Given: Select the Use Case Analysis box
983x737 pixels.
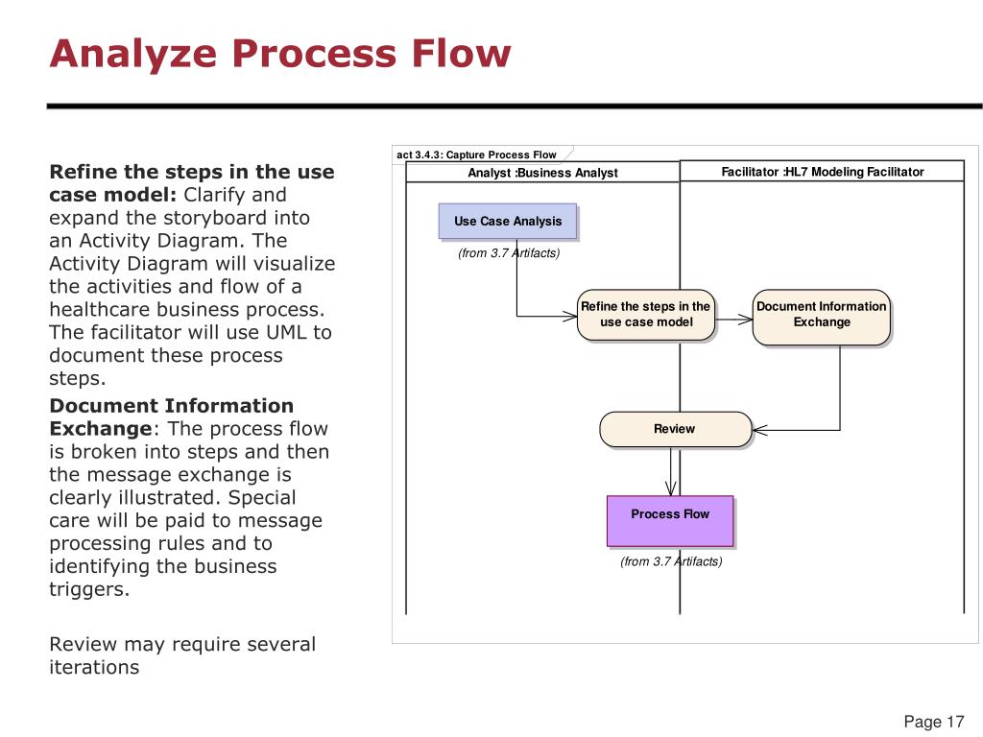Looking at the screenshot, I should [x=508, y=221].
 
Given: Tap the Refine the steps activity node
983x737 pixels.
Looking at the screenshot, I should [x=646, y=315].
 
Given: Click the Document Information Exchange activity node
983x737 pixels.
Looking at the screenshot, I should [x=821, y=315].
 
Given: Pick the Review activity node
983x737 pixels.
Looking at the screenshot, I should [x=674, y=429].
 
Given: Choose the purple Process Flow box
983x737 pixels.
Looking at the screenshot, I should [x=670, y=520].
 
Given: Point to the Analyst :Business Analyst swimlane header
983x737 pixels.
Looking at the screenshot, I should [x=542, y=173].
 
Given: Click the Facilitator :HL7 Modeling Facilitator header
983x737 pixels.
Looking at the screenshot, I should [x=822, y=172].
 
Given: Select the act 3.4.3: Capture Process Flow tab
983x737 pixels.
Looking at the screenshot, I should [x=477, y=155].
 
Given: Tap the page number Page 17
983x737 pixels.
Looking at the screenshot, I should [x=933, y=722].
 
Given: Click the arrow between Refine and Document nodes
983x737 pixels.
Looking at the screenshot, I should [x=734, y=320].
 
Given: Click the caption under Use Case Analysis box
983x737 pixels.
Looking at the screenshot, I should [x=509, y=253].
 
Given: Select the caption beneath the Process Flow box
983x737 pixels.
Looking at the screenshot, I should [x=671, y=561].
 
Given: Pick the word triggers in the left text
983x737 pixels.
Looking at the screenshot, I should [x=88, y=589].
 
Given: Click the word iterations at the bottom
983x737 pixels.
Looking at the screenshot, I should [x=94, y=667].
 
